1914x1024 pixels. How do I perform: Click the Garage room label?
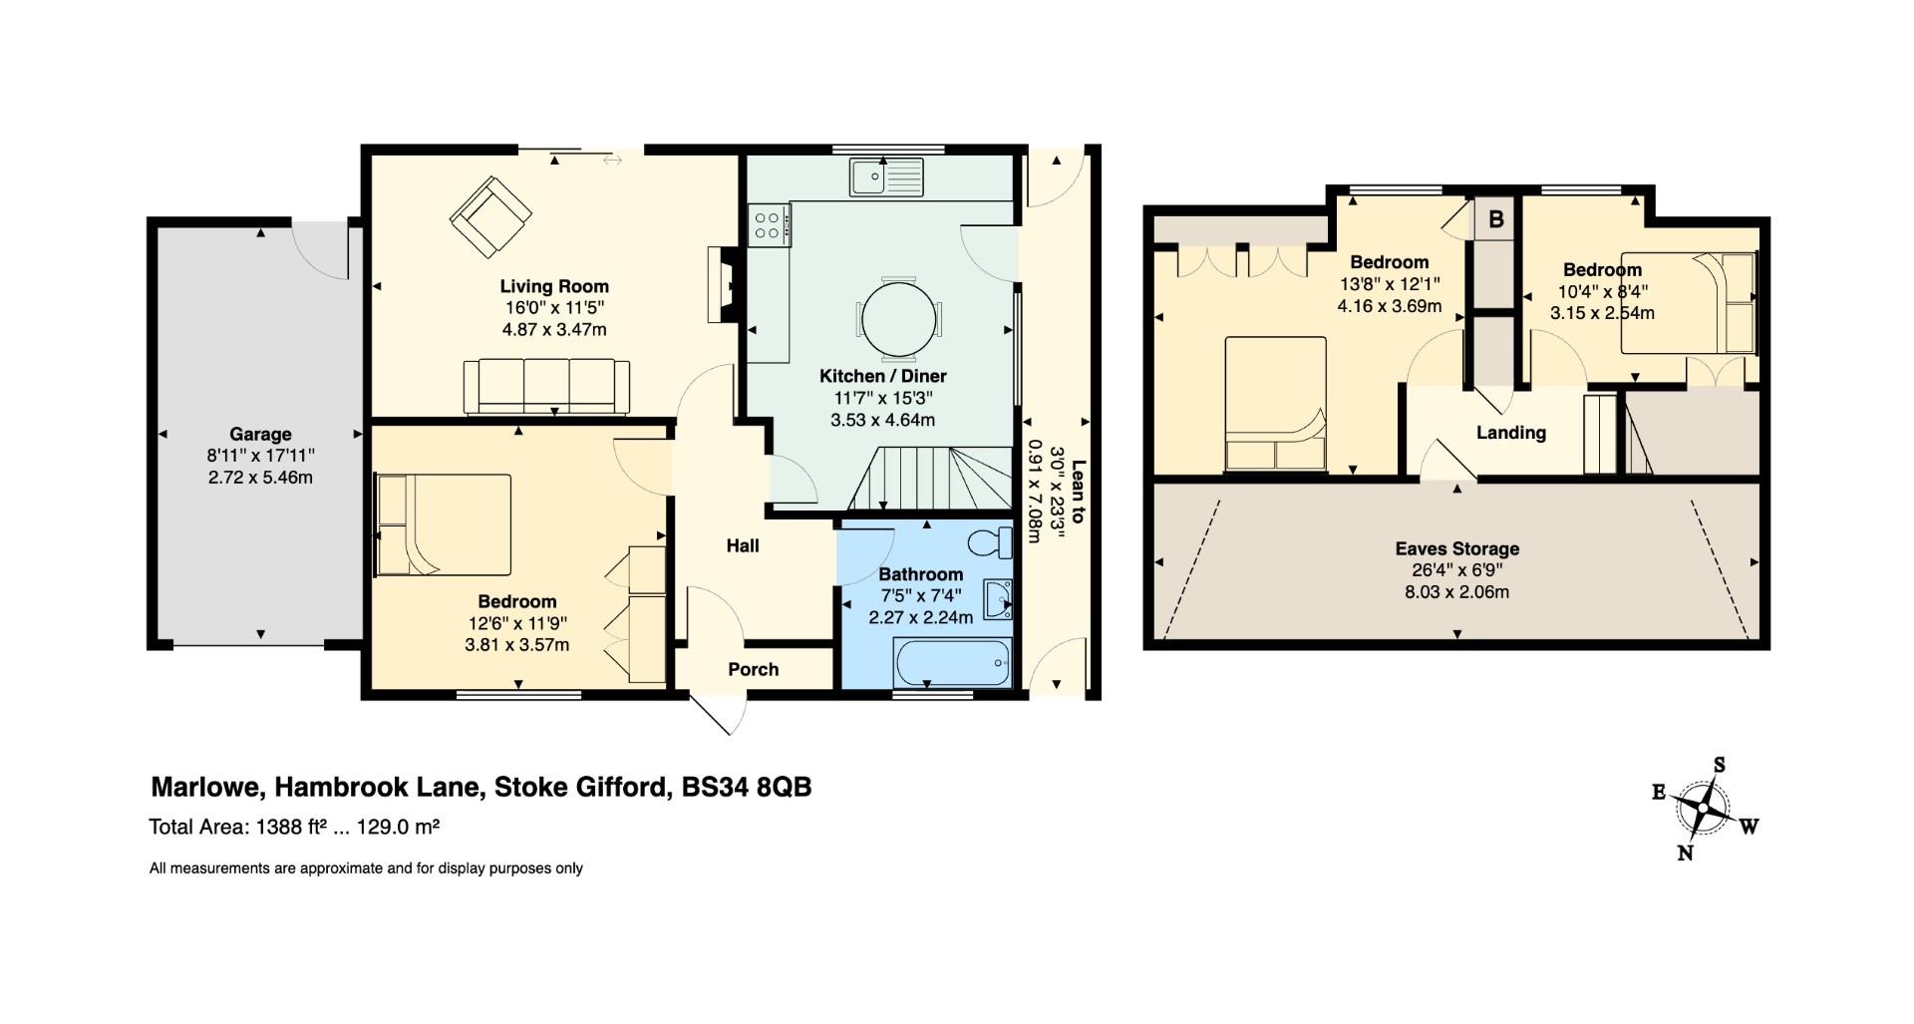point(260,434)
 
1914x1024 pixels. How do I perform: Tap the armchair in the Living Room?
point(490,216)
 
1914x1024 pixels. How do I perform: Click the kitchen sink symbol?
point(887,177)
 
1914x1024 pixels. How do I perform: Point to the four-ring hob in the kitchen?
point(769,224)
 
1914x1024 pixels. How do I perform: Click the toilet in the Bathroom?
point(989,542)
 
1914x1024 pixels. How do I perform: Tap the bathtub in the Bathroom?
point(953,662)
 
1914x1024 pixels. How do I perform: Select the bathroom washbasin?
point(997,599)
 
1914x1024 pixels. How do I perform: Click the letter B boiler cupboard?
point(1495,218)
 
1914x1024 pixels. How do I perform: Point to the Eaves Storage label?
point(1456,548)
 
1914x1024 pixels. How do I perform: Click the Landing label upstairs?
point(1511,433)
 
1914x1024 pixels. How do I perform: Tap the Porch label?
point(753,669)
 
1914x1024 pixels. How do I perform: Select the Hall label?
point(743,545)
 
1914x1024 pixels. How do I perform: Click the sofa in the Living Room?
point(546,387)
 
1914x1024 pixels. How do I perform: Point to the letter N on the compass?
point(1686,853)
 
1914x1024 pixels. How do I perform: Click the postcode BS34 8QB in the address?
point(747,788)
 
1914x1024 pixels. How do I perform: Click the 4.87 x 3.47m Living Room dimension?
point(554,329)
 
